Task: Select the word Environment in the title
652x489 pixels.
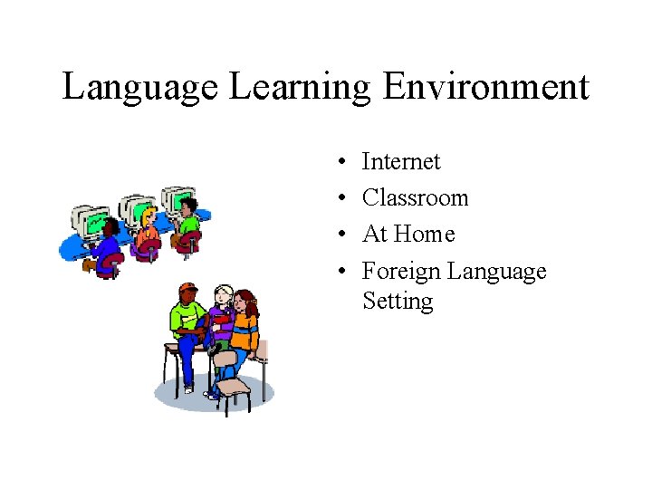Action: (485, 88)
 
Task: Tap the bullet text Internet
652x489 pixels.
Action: (400, 162)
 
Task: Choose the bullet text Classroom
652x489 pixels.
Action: (415, 198)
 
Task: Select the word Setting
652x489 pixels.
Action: (398, 301)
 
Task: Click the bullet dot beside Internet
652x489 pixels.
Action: (336, 163)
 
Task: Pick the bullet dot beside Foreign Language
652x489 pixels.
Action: (336, 272)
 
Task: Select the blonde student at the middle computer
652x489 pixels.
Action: (147, 227)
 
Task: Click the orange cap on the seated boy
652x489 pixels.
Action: (187, 291)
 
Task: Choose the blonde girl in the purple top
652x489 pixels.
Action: (220, 312)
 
